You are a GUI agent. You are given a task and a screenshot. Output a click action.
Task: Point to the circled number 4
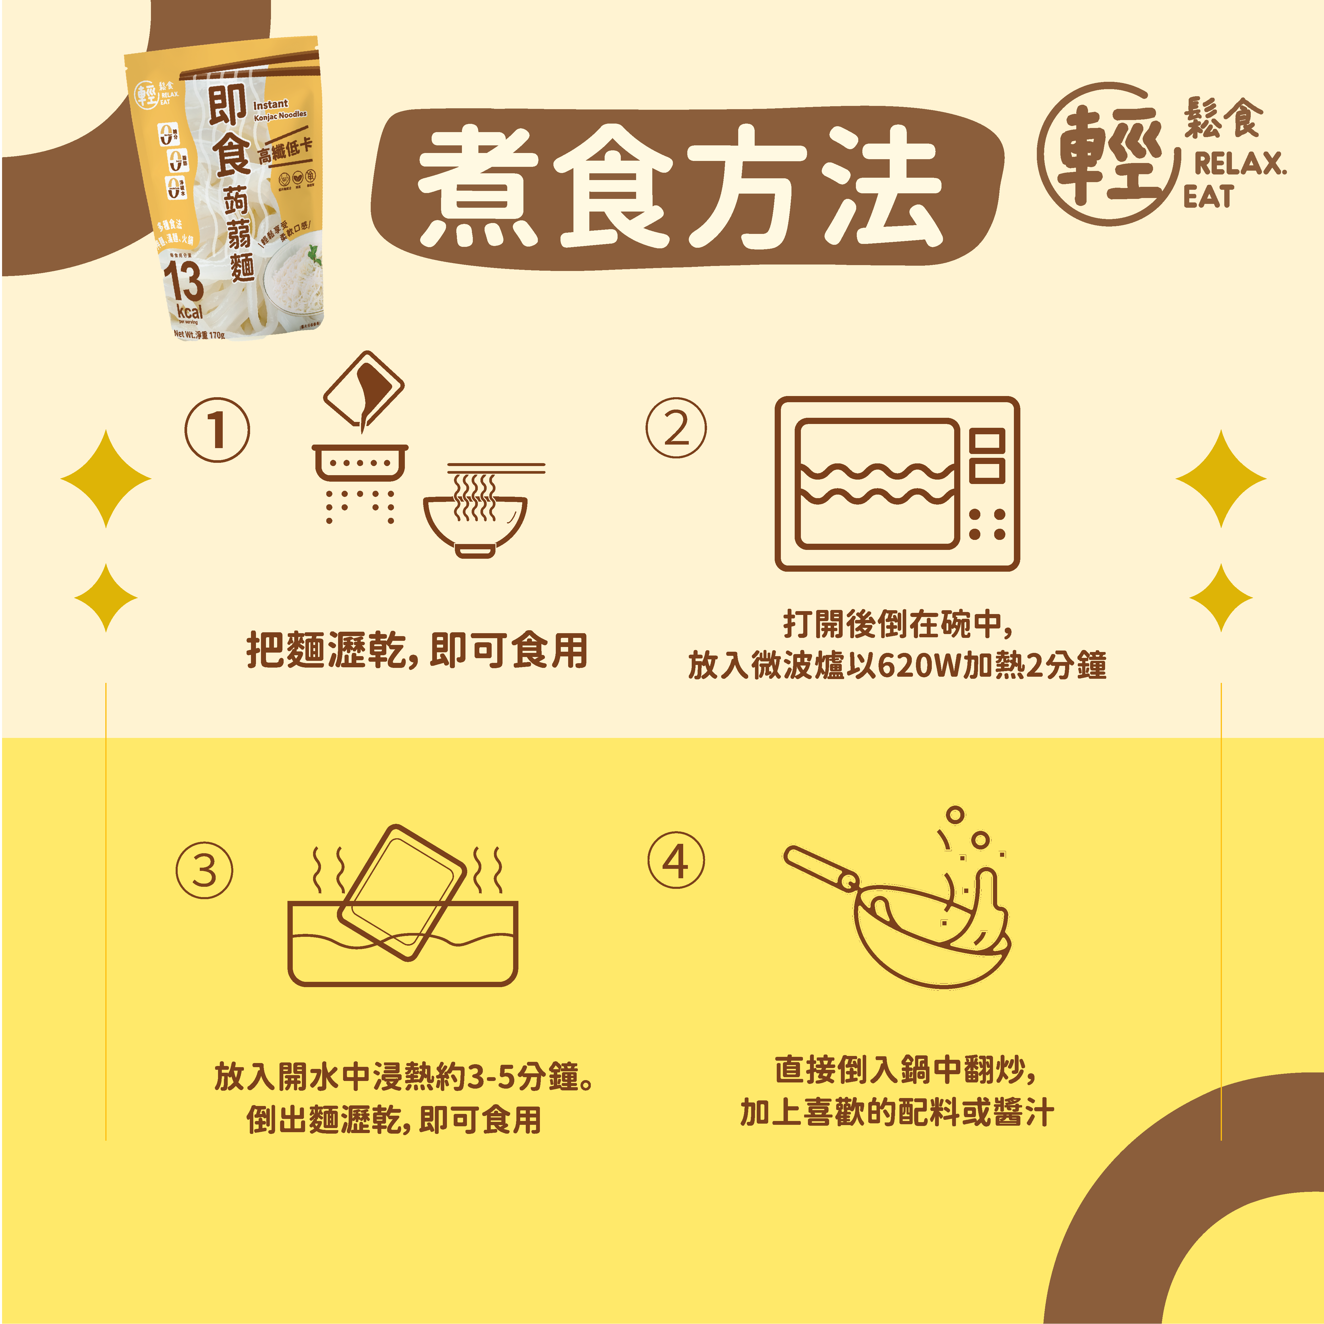click(676, 861)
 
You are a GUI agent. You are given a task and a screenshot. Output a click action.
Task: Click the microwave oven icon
click(896, 484)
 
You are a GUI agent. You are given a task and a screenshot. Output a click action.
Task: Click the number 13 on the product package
click(183, 281)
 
